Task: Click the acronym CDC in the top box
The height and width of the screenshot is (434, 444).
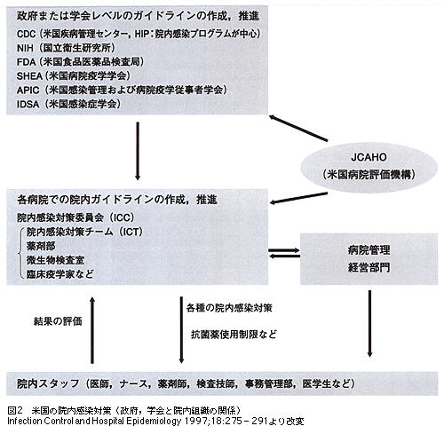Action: click(x=26, y=34)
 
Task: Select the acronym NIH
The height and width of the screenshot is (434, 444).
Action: click(x=25, y=48)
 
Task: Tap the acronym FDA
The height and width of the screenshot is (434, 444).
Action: click(x=26, y=62)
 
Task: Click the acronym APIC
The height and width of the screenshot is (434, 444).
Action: click(x=28, y=90)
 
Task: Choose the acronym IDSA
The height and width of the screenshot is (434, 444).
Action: click(x=28, y=104)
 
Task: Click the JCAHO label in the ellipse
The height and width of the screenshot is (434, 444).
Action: click(x=369, y=157)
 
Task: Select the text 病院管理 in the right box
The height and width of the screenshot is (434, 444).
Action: click(x=369, y=250)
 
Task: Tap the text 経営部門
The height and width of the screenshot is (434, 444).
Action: click(x=369, y=267)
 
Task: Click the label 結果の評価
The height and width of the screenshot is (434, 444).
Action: click(x=58, y=321)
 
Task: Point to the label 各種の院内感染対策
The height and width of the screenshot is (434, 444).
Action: click(x=229, y=308)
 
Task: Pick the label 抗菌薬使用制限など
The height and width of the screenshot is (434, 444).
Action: click(x=234, y=335)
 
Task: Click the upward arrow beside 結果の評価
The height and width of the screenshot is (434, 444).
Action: click(x=92, y=330)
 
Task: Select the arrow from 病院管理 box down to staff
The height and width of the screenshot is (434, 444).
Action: click(x=369, y=323)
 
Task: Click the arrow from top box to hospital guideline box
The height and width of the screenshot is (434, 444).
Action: click(x=138, y=151)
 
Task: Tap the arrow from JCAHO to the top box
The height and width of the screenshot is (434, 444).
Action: click(x=298, y=128)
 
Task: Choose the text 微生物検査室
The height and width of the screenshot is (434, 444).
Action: click(x=55, y=260)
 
